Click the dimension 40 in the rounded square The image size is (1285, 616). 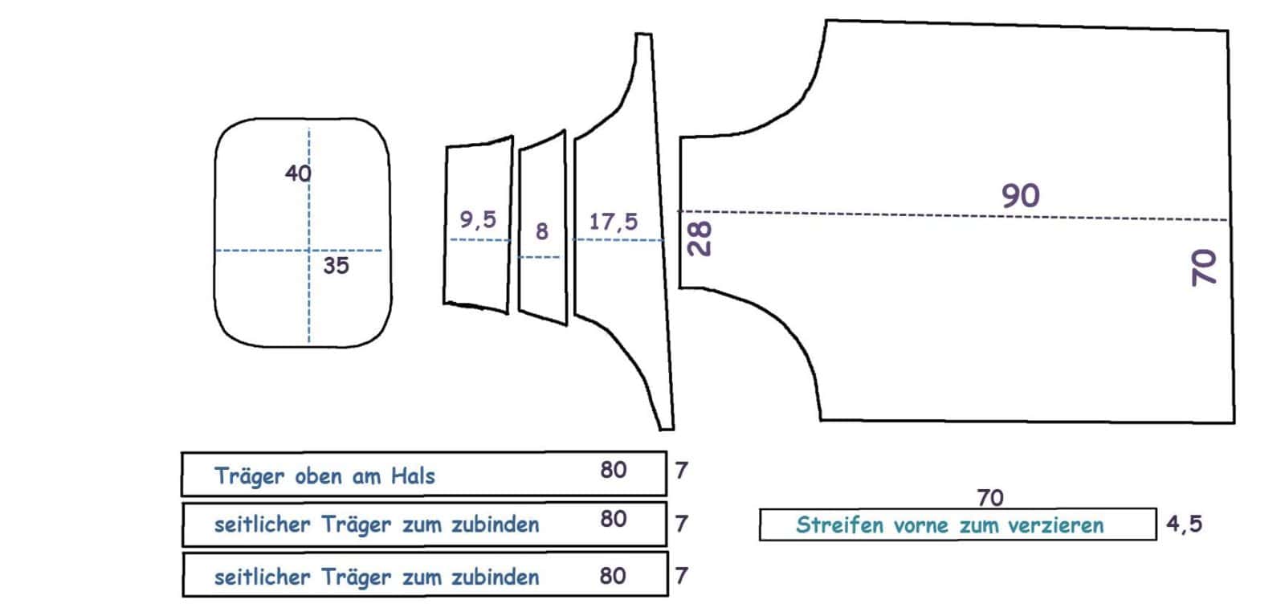[x=298, y=173]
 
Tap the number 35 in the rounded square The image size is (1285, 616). [x=337, y=266]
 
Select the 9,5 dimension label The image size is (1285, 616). [x=478, y=220]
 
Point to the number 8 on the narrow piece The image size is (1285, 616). [x=542, y=231]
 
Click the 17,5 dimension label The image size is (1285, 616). [x=614, y=222]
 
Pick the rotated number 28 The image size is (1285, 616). [x=700, y=239]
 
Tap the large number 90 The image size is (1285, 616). [x=1021, y=196]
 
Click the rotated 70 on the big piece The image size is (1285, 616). [x=1204, y=267]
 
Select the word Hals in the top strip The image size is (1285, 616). [x=413, y=476]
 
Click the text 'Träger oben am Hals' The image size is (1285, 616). [x=324, y=476]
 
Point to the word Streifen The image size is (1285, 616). [x=840, y=524]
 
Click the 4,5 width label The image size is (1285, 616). [x=1184, y=524]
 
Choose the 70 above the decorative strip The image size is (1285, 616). [x=991, y=498]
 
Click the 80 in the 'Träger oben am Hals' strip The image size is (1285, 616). [x=614, y=470]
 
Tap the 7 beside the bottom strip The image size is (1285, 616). [x=681, y=575]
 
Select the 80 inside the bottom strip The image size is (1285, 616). [x=613, y=576]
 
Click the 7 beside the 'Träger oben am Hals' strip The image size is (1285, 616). [x=681, y=471]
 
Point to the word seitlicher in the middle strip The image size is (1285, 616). [x=262, y=524]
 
